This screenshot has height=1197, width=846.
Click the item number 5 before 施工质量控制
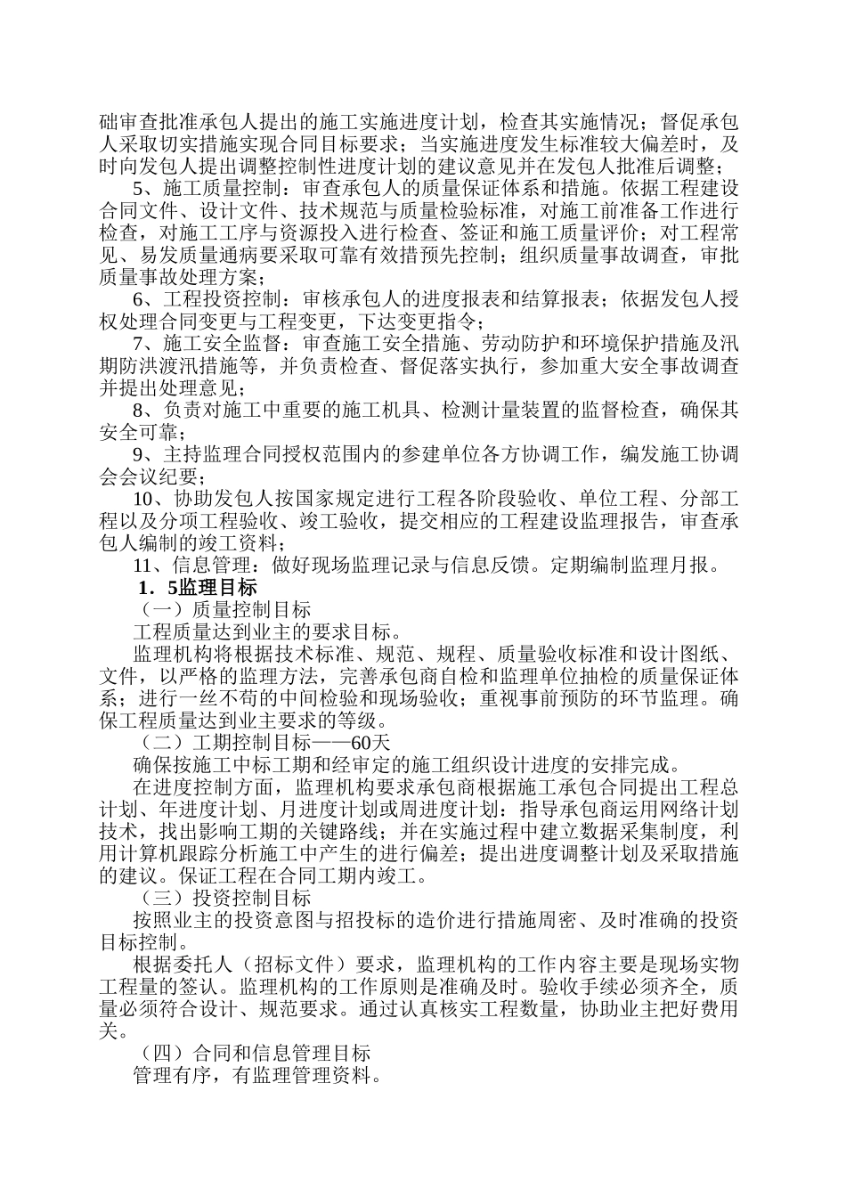click(x=138, y=189)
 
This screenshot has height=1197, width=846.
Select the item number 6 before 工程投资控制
click(x=138, y=299)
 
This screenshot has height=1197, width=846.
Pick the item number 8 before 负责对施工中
click(x=138, y=411)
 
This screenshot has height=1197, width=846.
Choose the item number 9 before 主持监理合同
click(x=138, y=455)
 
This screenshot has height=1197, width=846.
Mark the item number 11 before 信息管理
click(x=142, y=566)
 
